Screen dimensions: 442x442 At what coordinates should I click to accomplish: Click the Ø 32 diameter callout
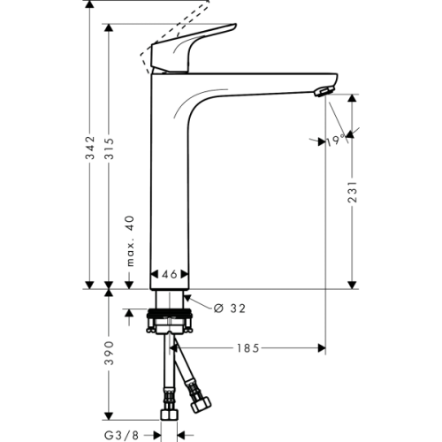click(x=229, y=308)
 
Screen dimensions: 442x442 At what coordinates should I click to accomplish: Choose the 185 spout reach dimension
click(x=248, y=348)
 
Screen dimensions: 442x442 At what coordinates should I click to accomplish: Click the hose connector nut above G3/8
click(x=167, y=415)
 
